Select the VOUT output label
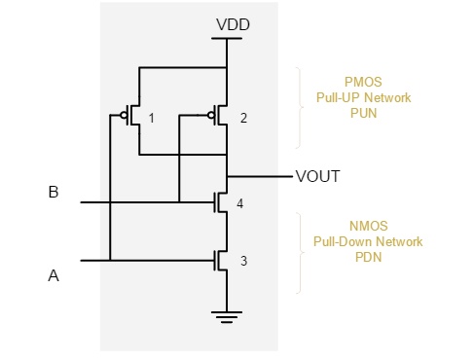[x=318, y=176]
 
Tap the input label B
[x=54, y=192]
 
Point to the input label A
[x=54, y=276]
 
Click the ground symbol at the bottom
[x=226, y=314]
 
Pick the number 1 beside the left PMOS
[x=152, y=119]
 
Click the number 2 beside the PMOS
[x=243, y=119]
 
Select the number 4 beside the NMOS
[x=238, y=203]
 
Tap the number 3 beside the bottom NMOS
[x=243, y=261]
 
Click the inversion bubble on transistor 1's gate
[x=124, y=114]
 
